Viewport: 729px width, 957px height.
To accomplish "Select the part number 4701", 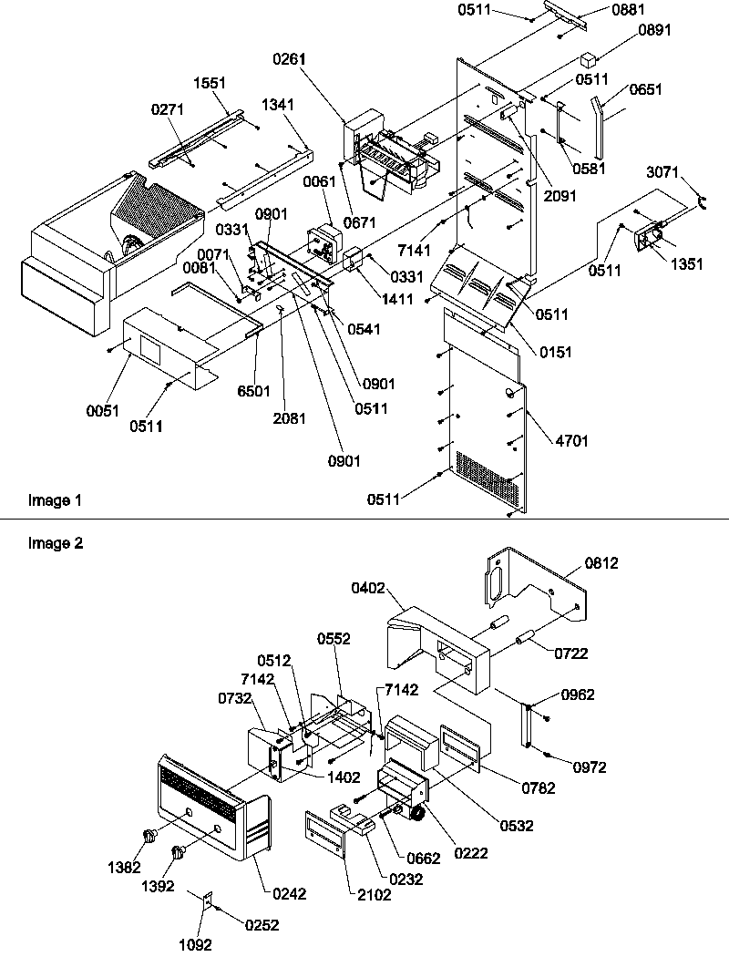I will (571, 441).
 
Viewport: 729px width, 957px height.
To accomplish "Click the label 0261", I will (288, 58).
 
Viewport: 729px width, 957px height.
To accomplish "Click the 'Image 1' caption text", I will (55, 500).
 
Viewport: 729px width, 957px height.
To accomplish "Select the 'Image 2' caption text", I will (55, 543).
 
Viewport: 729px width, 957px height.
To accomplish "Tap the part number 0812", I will (601, 563).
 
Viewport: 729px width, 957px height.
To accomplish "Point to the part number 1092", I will (195, 945).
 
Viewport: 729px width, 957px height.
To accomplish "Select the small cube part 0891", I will (588, 60).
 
